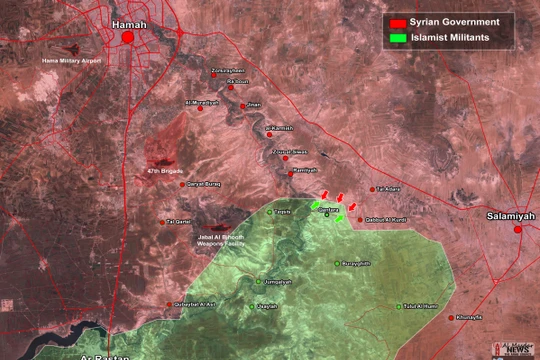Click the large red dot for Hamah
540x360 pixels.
[x=128, y=38]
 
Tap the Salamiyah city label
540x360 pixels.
[x=510, y=215]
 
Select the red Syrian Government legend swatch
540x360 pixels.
[x=397, y=21]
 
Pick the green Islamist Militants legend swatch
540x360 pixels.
[x=397, y=38]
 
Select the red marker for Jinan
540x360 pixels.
[x=240, y=103]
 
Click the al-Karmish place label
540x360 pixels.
[x=281, y=129]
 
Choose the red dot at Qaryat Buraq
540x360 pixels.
[x=183, y=184]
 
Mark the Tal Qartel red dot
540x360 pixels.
[x=161, y=222]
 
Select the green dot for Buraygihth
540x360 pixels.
[x=337, y=263]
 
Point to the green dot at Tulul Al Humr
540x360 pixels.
[x=398, y=306]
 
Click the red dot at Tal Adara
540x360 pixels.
[x=372, y=190]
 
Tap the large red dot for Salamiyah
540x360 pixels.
[x=518, y=230]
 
